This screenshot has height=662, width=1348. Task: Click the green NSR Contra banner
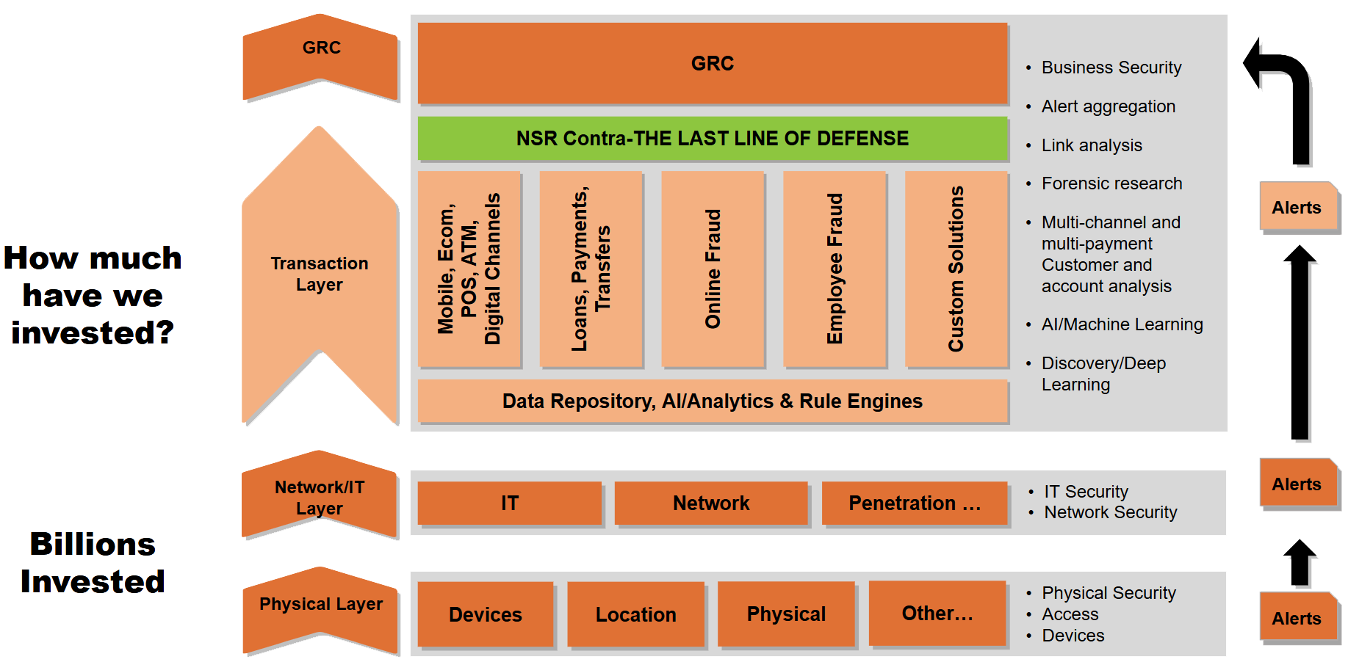(712, 138)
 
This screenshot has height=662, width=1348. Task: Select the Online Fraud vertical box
(713, 269)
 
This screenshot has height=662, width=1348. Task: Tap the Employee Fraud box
(835, 269)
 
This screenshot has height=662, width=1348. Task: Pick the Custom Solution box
(956, 269)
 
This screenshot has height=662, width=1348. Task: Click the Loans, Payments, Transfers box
(591, 269)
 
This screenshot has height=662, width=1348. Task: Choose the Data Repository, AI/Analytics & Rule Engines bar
(712, 401)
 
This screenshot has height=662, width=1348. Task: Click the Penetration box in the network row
(914, 503)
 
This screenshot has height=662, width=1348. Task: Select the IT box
(509, 503)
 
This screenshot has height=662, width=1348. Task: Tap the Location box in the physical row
(635, 614)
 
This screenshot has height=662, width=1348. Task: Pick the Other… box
(937, 613)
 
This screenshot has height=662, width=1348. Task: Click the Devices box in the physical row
(485, 614)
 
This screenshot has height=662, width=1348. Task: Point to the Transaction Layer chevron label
(320, 274)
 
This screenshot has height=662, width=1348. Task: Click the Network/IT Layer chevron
(320, 497)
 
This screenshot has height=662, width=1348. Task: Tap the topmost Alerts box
(1297, 208)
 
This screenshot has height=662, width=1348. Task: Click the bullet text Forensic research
(1111, 183)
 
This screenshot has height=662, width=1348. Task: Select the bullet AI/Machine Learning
(1122, 324)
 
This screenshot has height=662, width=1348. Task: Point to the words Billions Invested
(93, 562)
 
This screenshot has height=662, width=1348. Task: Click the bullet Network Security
(1110, 512)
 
